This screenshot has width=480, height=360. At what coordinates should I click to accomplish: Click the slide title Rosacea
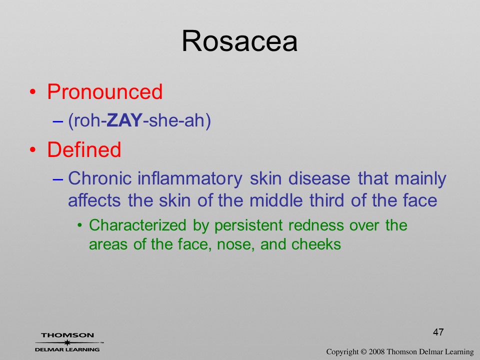tap(239, 41)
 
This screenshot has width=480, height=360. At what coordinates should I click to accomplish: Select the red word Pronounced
tap(104, 91)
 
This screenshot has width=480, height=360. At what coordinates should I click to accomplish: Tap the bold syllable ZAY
tap(124, 120)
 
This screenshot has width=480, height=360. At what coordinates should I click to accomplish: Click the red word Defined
tap(84, 149)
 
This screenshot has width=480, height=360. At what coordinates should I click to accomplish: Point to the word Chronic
tap(100, 178)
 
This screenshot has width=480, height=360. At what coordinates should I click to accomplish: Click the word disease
tap(319, 178)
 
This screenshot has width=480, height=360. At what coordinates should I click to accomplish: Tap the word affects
tap(94, 200)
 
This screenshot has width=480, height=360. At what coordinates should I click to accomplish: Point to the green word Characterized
tap(137, 225)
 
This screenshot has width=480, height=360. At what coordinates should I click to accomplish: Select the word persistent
tap(248, 226)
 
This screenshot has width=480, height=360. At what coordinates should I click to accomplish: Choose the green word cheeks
tap(316, 244)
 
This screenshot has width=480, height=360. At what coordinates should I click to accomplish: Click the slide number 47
tap(438, 332)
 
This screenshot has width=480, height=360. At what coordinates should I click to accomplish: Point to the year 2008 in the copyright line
tap(376, 351)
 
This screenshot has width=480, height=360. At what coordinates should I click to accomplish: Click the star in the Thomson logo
tap(67, 342)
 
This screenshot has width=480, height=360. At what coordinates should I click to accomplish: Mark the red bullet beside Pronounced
tap(33, 92)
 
